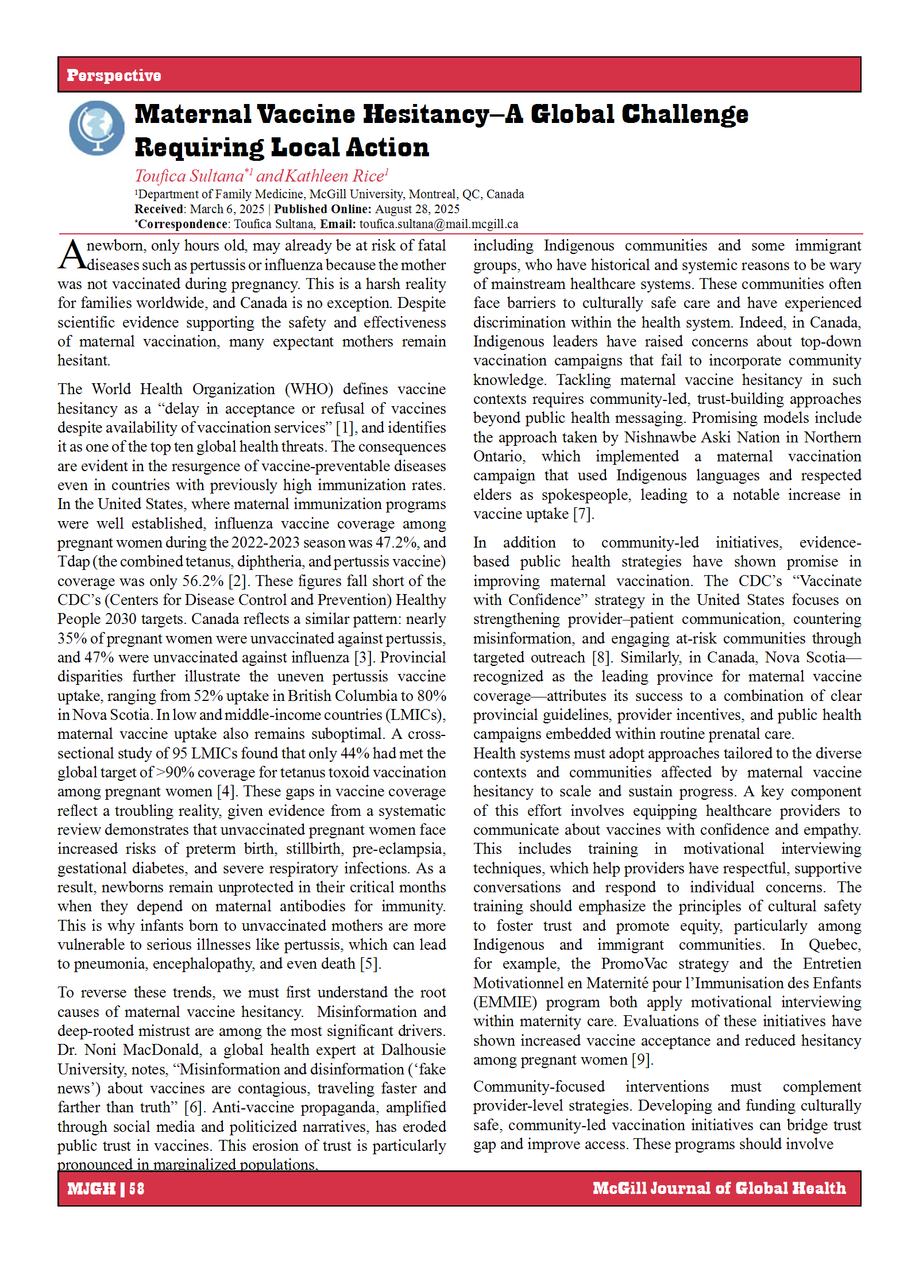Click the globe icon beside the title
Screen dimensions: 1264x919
(96, 128)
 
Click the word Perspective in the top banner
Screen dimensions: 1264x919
(114, 75)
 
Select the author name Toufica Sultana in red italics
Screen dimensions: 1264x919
(190, 176)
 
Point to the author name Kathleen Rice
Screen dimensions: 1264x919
(334, 176)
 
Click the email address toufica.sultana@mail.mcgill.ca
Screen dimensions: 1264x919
(439, 224)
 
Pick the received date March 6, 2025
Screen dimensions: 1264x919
(227, 209)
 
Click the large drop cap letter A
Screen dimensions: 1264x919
(72, 255)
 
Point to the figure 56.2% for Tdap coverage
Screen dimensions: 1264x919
(203, 581)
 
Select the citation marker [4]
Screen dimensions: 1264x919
(226, 792)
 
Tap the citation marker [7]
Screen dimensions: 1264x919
(583, 514)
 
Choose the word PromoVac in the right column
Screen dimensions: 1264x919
(634, 964)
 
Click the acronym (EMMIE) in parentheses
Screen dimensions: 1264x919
(505, 1002)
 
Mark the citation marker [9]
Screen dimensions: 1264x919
(642, 1059)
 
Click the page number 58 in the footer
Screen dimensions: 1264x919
(137, 1188)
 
